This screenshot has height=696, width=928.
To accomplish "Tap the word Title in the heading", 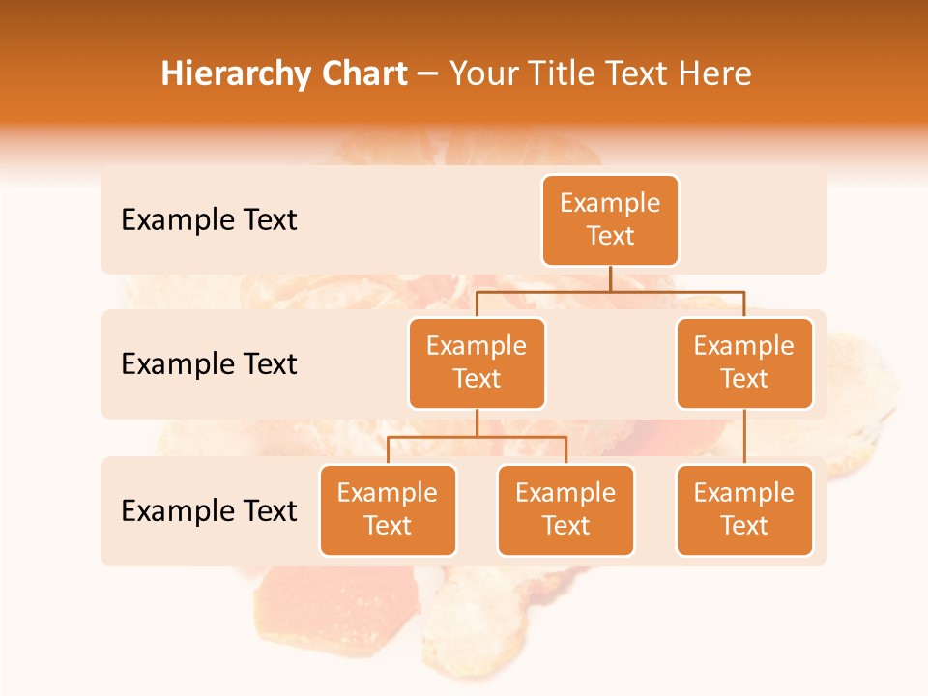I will pyautogui.click(x=561, y=74).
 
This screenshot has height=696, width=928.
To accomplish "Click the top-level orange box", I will pyautogui.click(x=610, y=220).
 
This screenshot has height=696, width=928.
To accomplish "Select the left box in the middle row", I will pyautogui.click(x=477, y=363).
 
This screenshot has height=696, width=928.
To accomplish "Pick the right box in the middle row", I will pyautogui.click(x=744, y=363).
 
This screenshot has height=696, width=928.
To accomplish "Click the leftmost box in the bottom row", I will pyautogui.click(x=388, y=510).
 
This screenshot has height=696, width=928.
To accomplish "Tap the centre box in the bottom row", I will pyautogui.click(x=565, y=510).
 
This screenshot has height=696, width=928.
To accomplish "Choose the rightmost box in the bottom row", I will pyautogui.click(x=744, y=510).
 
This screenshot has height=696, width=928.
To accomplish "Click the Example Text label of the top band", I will pyautogui.click(x=209, y=220).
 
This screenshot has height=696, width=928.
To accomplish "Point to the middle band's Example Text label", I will pyautogui.click(x=209, y=364).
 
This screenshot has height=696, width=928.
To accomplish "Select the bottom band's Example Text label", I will pyautogui.click(x=209, y=510).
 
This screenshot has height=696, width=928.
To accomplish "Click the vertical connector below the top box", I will pyautogui.click(x=610, y=278).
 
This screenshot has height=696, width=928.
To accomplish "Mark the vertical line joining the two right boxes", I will pyautogui.click(x=744, y=437).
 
